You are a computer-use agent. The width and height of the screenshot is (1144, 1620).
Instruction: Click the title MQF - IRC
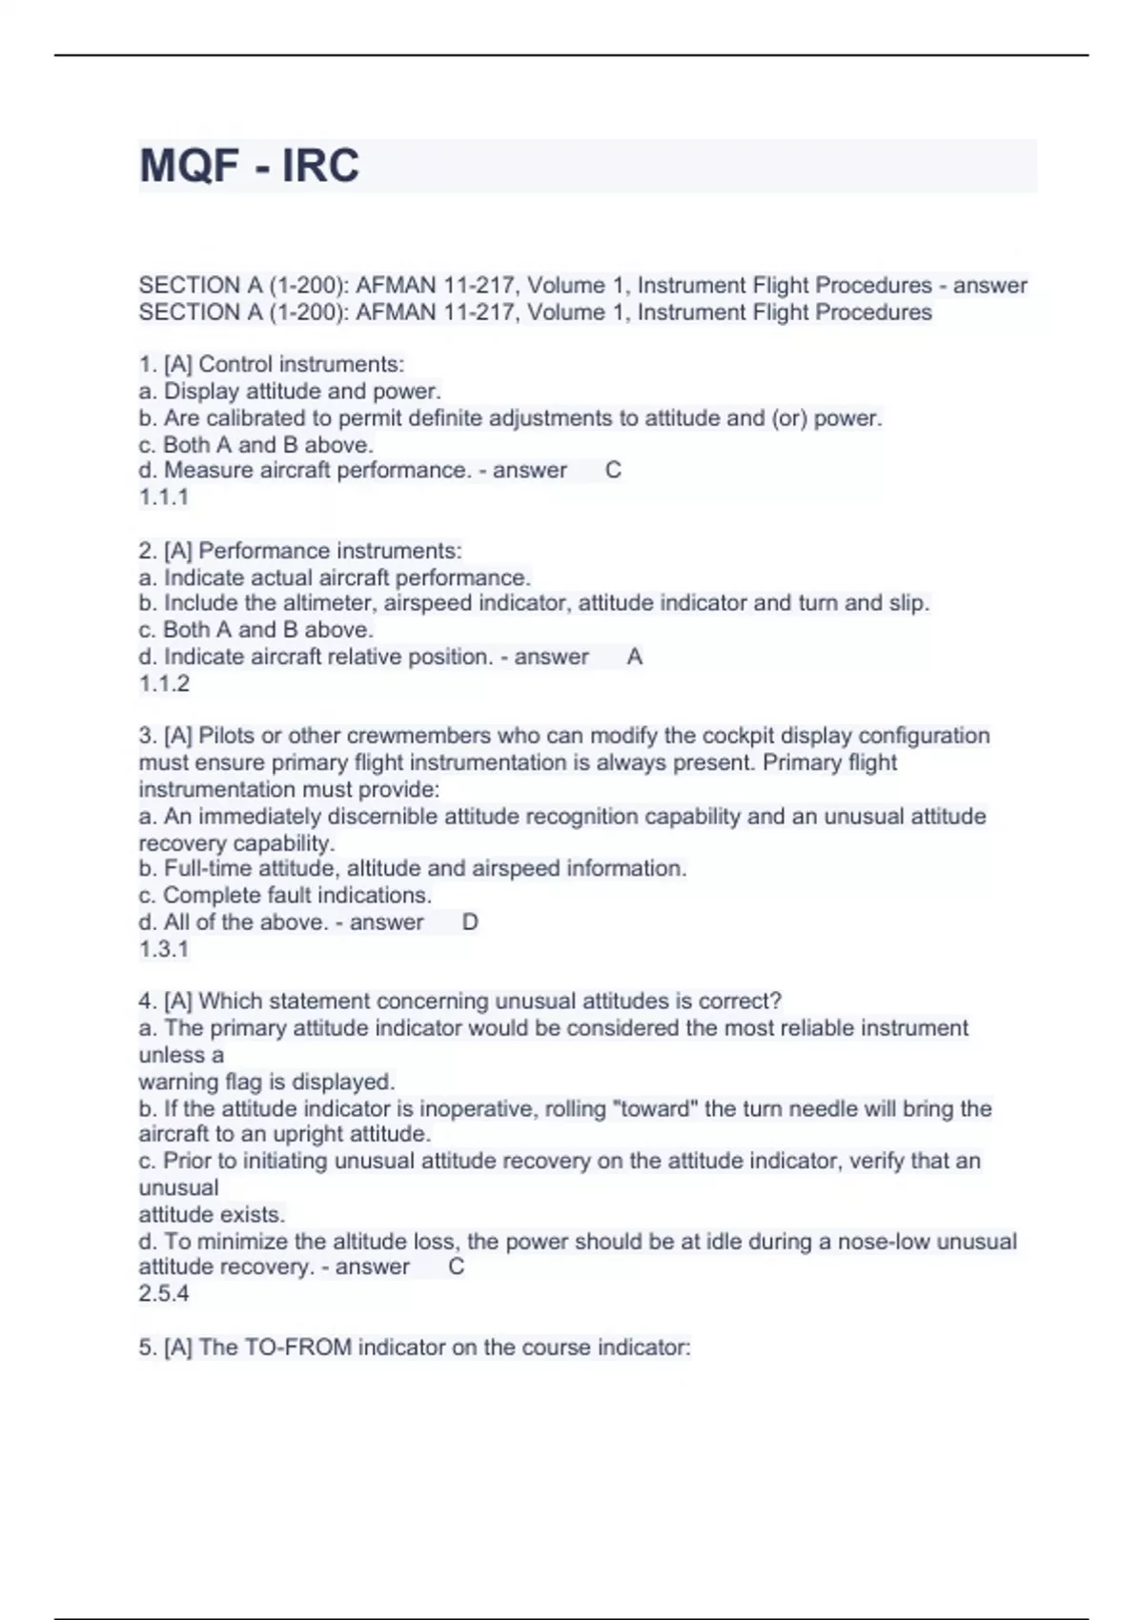pyautogui.click(x=249, y=166)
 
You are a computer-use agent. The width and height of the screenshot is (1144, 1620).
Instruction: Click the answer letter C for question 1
pyautogui.click(x=613, y=470)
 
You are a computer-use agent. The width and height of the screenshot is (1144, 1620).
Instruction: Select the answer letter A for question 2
pyautogui.click(x=635, y=657)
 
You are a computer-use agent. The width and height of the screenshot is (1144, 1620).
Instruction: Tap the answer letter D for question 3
pyautogui.click(x=470, y=921)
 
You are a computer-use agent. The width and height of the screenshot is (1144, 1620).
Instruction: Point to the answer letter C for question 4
pyautogui.click(x=457, y=1266)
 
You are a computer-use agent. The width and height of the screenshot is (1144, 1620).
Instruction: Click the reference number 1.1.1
pyautogui.click(x=164, y=496)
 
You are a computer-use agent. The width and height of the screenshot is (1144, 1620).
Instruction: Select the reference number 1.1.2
pyautogui.click(x=164, y=683)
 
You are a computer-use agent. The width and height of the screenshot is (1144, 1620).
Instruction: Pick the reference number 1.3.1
pyautogui.click(x=164, y=948)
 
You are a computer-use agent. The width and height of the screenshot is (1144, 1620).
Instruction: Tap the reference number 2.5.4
pyautogui.click(x=164, y=1293)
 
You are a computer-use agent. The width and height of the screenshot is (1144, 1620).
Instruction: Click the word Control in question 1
pyautogui.click(x=235, y=364)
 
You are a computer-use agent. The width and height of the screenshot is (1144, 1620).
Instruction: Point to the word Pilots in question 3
pyautogui.click(x=227, y=736)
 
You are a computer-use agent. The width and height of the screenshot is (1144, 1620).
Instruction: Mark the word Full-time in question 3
pyautogui.click(x=208, y=868)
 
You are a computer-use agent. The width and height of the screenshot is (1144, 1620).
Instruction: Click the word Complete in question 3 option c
pyautogui.click(x=210, y=895)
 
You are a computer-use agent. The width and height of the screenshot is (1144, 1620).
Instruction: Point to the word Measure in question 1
pyautogui.click(x=202, y=470)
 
